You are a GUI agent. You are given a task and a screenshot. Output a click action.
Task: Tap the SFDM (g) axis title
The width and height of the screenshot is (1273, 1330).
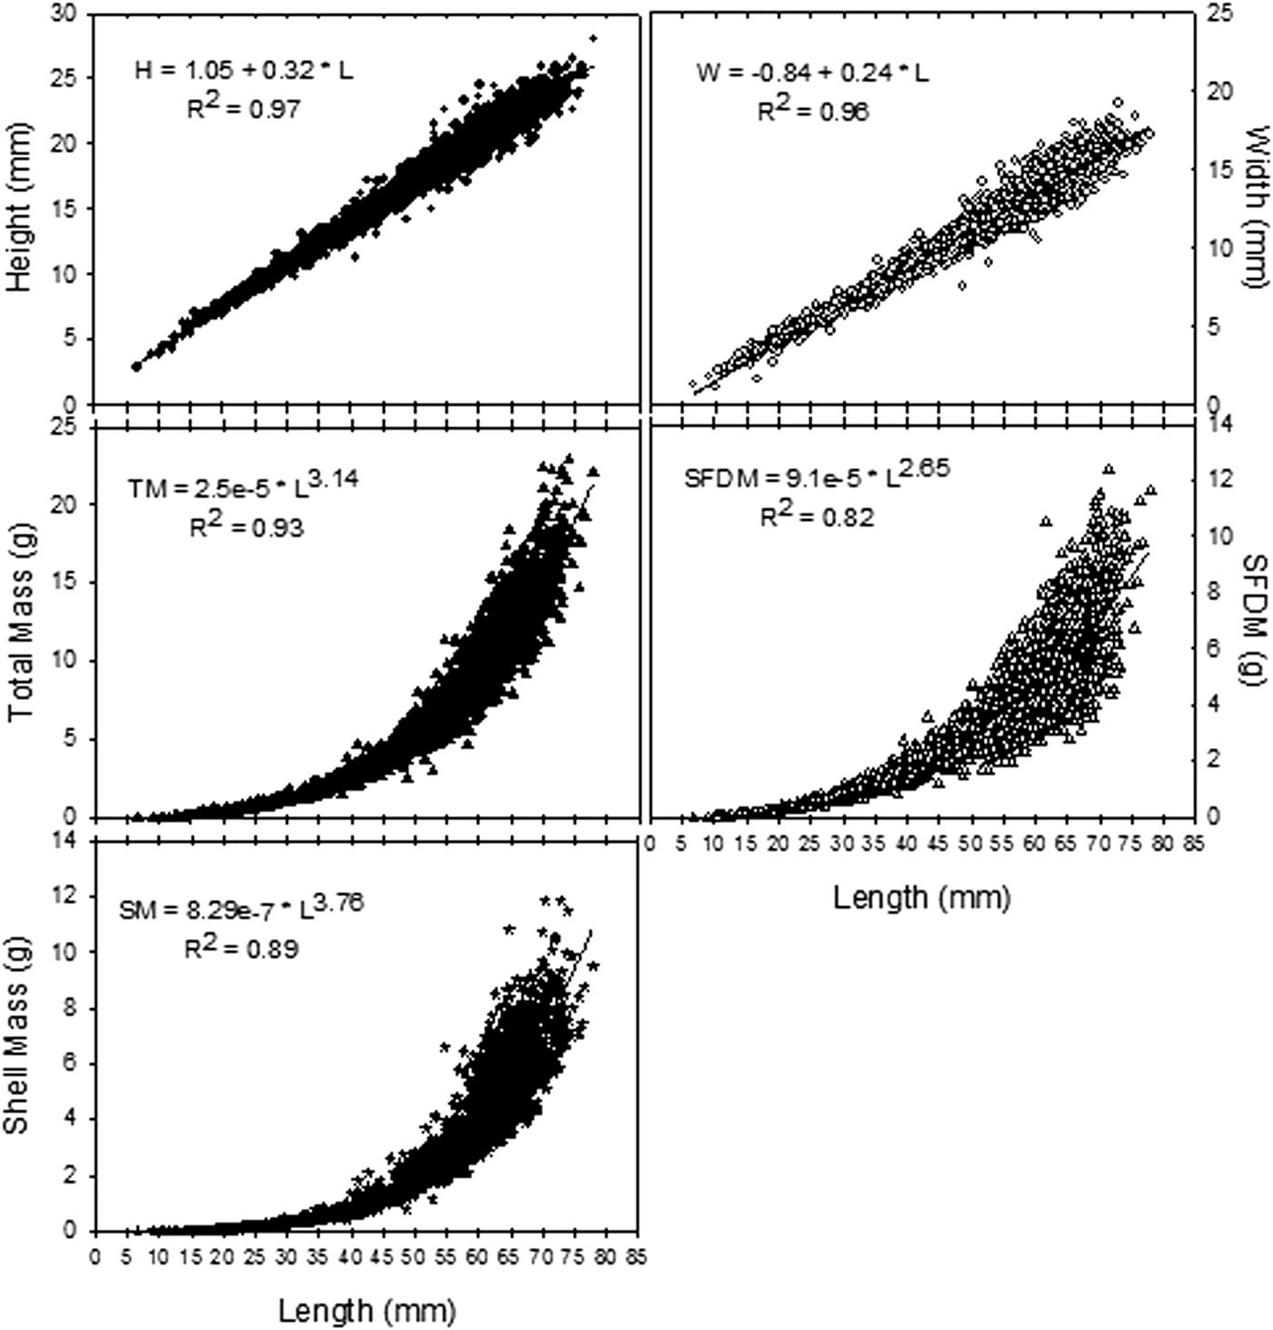click(x=1254, y=618)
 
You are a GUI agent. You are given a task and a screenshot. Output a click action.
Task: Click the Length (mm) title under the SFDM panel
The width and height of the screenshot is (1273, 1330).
click(x=921, y=898)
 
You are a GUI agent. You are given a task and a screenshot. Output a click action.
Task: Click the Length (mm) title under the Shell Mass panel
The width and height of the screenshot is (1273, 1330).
click(x=367, y=1310)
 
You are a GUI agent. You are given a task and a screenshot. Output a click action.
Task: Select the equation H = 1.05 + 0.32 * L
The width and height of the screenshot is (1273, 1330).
click(x=242, y=71)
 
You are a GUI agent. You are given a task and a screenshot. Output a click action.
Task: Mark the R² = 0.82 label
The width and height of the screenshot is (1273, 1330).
click(x=817, y=515)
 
